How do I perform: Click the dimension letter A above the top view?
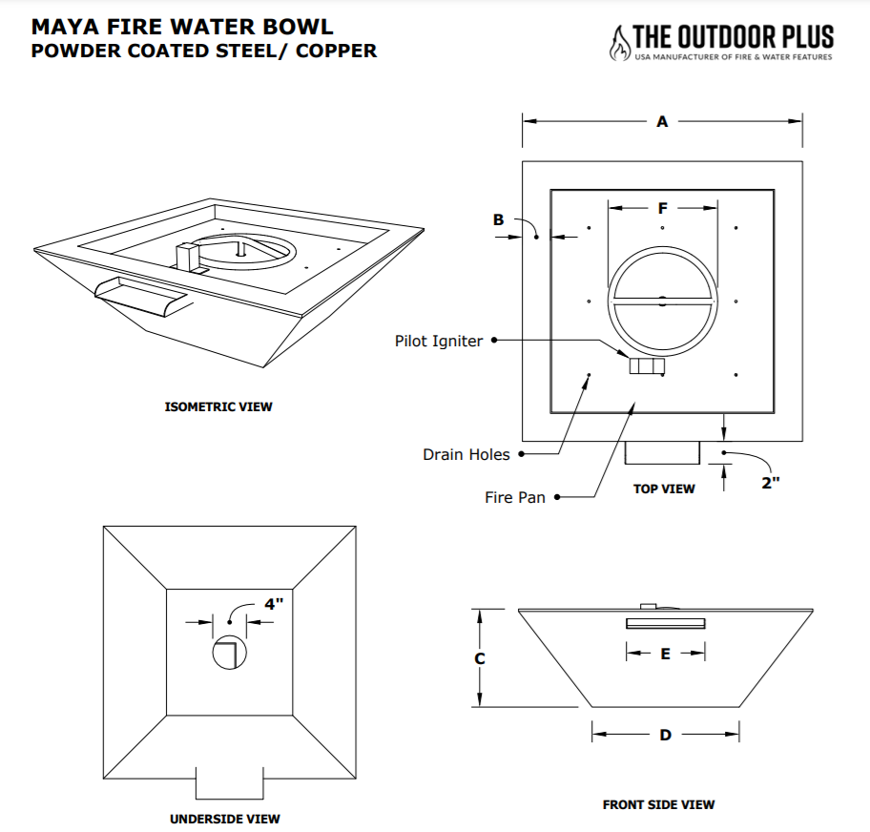662,122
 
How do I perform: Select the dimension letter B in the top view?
498,220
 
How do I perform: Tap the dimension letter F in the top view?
663,208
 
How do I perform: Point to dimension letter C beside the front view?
480,658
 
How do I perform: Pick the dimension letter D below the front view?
665,735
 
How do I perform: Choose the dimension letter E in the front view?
666,654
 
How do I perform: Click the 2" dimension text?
771,483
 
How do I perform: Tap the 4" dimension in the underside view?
273,604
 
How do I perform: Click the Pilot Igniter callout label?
439,341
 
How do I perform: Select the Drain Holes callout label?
466,454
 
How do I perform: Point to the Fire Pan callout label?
515,497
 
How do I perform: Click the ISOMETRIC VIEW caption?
218,407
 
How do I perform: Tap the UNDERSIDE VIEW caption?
225,819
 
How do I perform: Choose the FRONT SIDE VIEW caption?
658,805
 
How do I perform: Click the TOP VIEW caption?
664,489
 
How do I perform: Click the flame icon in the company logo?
620,41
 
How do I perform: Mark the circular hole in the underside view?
229,652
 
